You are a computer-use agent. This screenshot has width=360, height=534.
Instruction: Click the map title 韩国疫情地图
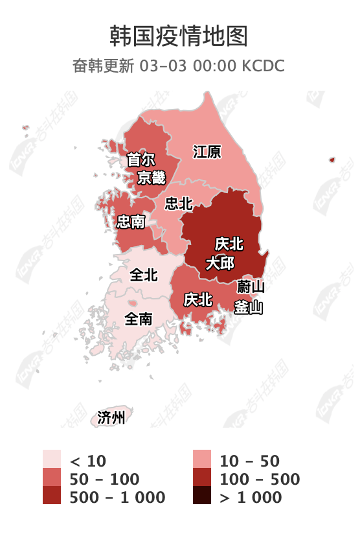[x=179, y=36]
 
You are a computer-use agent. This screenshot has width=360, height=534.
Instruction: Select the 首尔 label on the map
[x=141, y=159]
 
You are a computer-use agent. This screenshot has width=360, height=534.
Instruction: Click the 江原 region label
[x=207, y=152]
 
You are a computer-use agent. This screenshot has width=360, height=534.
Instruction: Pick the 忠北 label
[x=179, y=203]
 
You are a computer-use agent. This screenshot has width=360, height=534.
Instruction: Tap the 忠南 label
[x=130, y=222]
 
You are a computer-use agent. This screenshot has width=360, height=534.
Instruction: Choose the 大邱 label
[x=220, y=263]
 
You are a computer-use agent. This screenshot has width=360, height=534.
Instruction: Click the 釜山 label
[x=249, y=307]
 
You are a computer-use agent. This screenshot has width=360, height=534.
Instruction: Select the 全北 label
[x=143, y=275]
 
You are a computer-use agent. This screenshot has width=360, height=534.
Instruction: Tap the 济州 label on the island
[x=111, y=417]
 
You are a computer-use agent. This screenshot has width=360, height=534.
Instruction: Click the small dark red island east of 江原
[x=332, y=159]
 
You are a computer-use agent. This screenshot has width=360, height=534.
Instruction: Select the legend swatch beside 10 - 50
[x=203, y=460]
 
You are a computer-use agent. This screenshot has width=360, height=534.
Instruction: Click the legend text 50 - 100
[x=104, y=479]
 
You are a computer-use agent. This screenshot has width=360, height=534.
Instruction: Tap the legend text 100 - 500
[x=260, y=479]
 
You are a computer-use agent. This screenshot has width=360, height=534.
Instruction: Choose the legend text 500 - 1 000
[x=117, y=497]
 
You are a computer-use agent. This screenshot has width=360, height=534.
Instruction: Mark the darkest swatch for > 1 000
[x=203, y=496]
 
